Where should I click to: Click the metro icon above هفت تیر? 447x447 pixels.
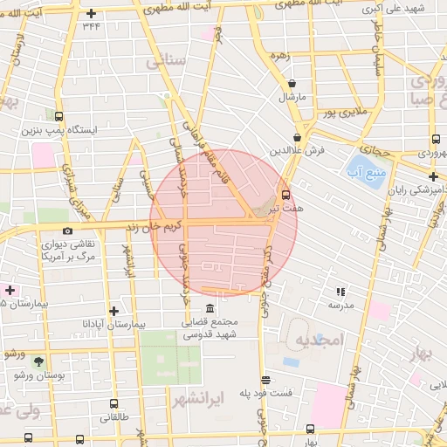pyautogui.click(x=285, y=194)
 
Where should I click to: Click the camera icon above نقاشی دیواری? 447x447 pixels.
pyautogui.click(x=68, y=231)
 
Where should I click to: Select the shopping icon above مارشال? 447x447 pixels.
pyautogui.click(x=291, y=84)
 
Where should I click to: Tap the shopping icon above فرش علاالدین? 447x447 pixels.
pyautogui.click(x=298, y=137)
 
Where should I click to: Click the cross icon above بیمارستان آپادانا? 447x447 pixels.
pyautogui.click(x=113, y=310)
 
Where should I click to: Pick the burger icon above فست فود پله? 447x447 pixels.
pyautogui.click(x=265, y=380)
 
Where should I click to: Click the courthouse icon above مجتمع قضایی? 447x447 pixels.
pyautogui.click(x=210, y=309)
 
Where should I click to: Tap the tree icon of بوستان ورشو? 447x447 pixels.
pyautogui.click(x=38, y=361)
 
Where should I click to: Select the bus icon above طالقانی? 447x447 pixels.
pyautogui.click(x=113, y=404)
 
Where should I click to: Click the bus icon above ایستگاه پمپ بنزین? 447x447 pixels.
pyautogui.click(x=58, y=116)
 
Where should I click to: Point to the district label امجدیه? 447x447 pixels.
pyautogui.click(x=314, y=339)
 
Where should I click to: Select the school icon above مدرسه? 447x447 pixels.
pyautogui.click(x=340, y=292)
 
